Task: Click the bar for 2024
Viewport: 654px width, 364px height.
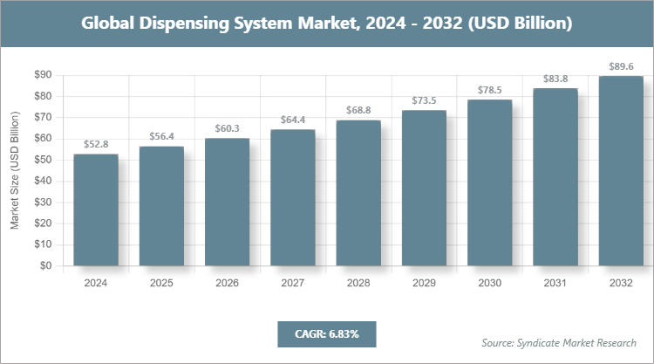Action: pyautogui.click(x=96, y=209)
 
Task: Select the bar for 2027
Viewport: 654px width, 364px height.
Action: pyautogui.click(x=293, y=197)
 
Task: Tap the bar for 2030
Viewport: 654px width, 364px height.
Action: pyautogui.click(x=490, y=182)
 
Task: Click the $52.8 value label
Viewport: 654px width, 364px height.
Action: pyautogui.click(x=96, y=144)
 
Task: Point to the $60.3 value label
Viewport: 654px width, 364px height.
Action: pyautogui.click(x=228, y=128)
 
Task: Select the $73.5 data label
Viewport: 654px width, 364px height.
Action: pyautogui.click(x=425, y=100)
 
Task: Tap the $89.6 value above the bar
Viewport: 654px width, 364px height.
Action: pyautogui.click(x=621, y=66)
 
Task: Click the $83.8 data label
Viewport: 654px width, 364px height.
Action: pyautogui.click(x=555, y=79)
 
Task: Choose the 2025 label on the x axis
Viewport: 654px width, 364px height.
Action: pyautogui.click(x=161, y=284)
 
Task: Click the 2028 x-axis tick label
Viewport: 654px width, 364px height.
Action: pyautogui.click(x=358, y=284)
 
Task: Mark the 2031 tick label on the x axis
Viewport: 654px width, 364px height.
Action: pyautogui.click(x=555, y=284)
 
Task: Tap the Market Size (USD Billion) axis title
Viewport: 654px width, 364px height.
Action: pyautogui.click(x=15, y=170)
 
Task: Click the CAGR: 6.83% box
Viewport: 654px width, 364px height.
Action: pyautogui.click(x=326, y=333)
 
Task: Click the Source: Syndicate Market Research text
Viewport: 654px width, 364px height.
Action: pyautogui.click(x=558, y=342)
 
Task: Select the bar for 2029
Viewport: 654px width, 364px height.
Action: pyautogui.click(x=425, y=188)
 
